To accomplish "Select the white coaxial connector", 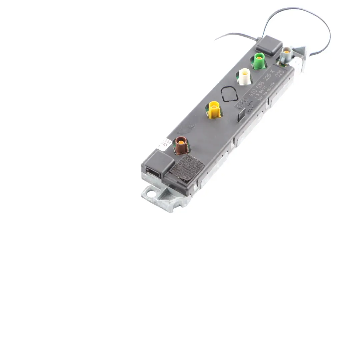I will pos(245,77).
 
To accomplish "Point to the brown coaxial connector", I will pos(182,145).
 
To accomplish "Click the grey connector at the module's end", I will pos(286,54).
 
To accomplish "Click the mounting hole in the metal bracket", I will pos(150,193).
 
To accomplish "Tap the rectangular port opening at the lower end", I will pos(154,174).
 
